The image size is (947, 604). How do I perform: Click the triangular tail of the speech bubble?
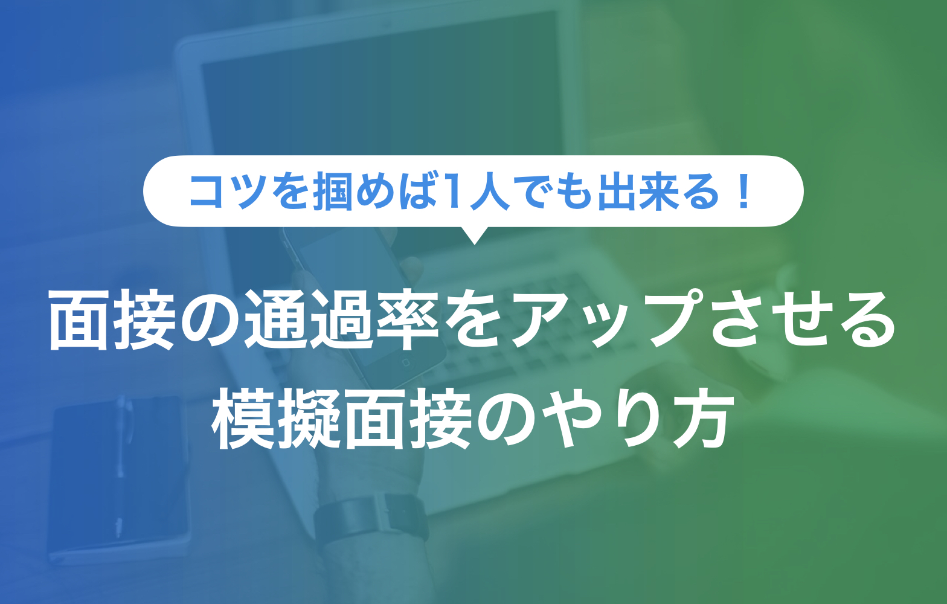point(474,235)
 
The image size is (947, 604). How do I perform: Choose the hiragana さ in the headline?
point(738,320)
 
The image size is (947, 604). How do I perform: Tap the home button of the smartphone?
point(406,362)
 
